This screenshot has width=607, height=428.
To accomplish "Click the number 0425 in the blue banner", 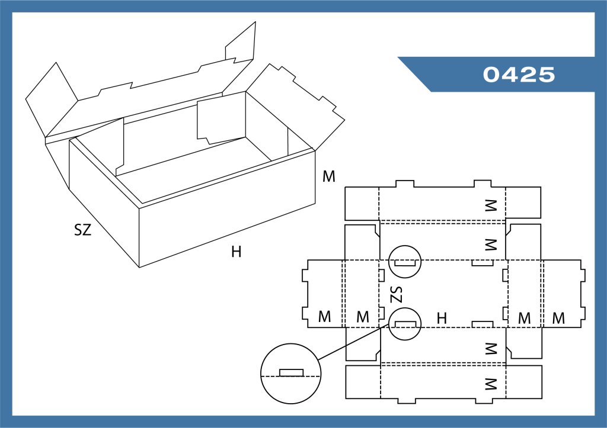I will [519, 75].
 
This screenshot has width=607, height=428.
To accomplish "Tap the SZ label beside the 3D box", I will [83, 231].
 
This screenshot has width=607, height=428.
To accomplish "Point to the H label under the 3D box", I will [237, 252].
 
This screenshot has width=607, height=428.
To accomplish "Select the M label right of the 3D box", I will [329, 176].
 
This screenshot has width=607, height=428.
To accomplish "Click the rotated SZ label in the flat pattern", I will [397, 294].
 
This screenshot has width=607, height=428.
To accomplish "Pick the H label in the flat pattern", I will [442, 318].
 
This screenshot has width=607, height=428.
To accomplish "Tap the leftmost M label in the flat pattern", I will [324, 317].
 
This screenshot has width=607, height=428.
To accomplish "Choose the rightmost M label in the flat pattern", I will [558, 318].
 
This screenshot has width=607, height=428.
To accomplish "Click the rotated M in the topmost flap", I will [490, 205].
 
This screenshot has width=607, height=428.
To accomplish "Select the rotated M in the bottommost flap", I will [490, 385].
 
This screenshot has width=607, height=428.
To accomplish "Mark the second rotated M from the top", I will [490, 244].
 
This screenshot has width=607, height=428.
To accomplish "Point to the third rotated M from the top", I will [490, 347].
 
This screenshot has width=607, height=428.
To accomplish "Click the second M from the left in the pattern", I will [363, 317].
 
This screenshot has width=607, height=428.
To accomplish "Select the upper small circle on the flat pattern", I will [404, 261].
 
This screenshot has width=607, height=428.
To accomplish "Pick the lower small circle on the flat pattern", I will [405, 324].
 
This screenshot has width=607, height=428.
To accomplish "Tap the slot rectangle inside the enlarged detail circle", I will [291, 372].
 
